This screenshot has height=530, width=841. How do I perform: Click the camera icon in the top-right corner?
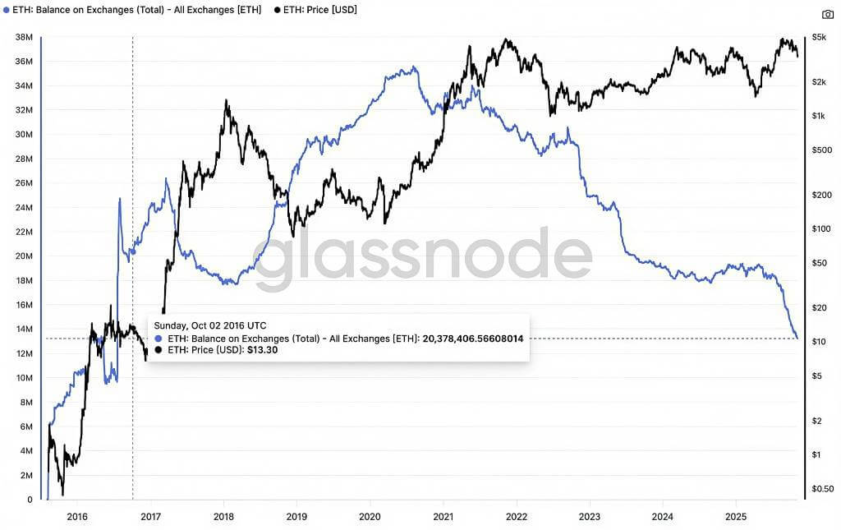pyautogui.click(x=828, y=14)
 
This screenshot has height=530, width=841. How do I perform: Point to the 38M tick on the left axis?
pyautogui.click(x=24, y=37)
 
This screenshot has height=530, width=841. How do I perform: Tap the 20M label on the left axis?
pyautogui.click(x=24, y=256)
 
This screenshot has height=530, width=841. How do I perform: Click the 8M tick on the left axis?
pyautogui.click(x=25, y=402)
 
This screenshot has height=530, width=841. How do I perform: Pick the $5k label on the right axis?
pyautogui.click(x=818, y=37)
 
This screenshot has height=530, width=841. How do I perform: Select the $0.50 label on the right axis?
pyautogui.click(x=822, y=490)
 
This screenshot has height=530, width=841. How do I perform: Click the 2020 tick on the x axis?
pyautogui.click(x=370, y=516)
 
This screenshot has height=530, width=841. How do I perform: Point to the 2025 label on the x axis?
pyautogui.click(x=736, y=516)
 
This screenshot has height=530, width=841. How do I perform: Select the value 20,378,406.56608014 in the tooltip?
pyautogui.click(x=472, y=339)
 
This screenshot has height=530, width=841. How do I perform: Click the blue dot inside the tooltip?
pyautogui.click(x=159, y=339)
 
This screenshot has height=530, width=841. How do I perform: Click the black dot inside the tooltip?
pyautogui.click(x=159, y=350)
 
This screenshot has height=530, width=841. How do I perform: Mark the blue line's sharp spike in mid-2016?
pyautogui.click(x=120, y=199)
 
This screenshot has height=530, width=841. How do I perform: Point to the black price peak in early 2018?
pyautogui.click(x=226, y=101)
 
